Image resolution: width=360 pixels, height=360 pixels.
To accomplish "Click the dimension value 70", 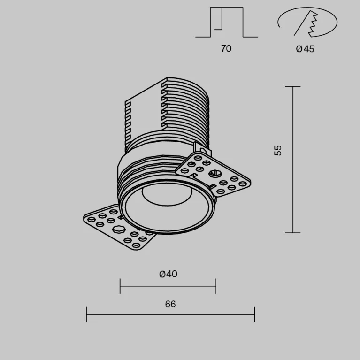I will coord(226,49).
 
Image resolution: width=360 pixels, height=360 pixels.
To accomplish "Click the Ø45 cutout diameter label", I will coord(305,49).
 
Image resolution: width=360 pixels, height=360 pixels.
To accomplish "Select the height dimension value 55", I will coord(278,150).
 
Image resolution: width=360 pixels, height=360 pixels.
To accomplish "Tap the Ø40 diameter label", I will coord(168,274).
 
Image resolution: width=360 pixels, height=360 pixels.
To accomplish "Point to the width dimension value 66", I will coord(170,304).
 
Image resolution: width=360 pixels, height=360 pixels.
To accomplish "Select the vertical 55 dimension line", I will coord(293,160).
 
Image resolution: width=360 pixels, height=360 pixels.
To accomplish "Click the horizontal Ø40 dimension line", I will coord(168,285).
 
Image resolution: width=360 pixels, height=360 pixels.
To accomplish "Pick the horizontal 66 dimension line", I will coord(170,314).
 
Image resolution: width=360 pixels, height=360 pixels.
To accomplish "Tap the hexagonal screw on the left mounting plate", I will coord(120,230).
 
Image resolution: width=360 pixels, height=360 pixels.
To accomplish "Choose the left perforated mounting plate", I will coord(119,227).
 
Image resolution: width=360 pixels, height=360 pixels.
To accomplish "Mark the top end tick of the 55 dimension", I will coord(293,87).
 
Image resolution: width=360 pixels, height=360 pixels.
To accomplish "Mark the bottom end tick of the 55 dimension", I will coord(293,232).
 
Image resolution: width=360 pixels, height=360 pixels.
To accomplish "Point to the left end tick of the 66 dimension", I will coord(87,314).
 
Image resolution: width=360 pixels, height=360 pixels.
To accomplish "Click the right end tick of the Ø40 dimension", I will coord(216,285).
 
